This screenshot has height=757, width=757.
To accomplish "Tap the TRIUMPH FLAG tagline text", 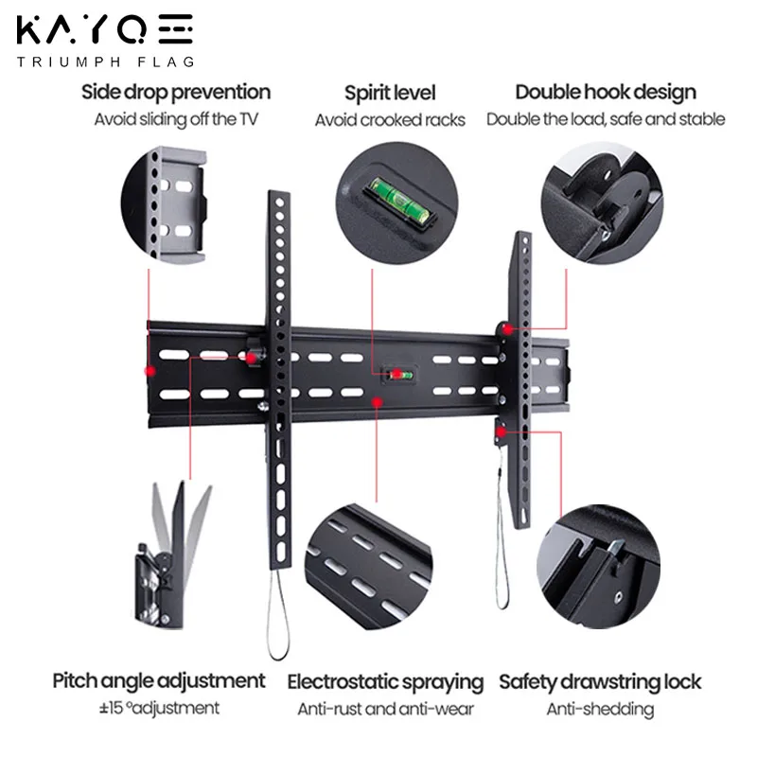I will (105, 62).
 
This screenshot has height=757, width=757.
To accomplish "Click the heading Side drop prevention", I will (176, 93).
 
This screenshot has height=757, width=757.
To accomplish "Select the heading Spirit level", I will (390, 93).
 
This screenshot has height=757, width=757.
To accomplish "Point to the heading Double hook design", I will (606, 93).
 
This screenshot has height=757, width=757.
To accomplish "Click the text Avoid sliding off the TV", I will (176, 120).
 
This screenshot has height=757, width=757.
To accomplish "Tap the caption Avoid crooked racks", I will (390, 120).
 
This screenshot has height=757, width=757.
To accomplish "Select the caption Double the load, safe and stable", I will (606, 120).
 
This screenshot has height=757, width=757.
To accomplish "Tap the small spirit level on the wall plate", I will (397, 373).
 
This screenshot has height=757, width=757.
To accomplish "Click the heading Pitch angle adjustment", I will (159, 680).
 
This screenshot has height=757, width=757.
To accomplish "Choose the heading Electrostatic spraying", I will (385, 682).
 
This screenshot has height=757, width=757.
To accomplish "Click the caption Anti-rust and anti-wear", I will (385, 709).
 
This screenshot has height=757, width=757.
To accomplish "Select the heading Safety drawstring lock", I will (600, 681).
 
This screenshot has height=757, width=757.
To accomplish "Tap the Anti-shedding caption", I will (600, 709).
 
